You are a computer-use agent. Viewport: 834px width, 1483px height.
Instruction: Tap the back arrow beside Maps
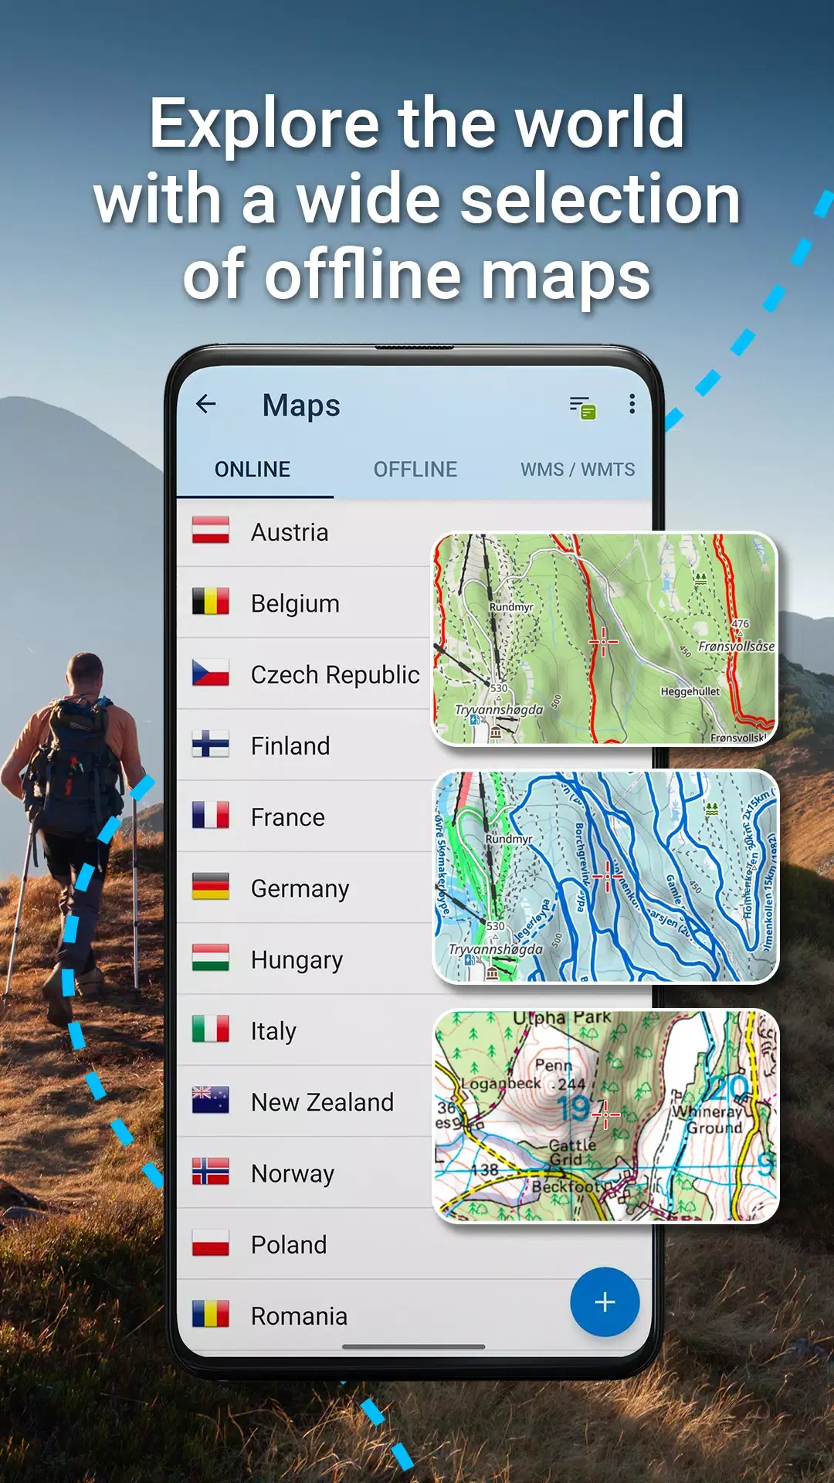(205, 404)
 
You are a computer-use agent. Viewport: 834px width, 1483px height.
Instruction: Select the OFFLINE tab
(415, 470)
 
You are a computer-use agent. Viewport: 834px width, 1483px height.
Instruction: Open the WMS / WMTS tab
(578, 470)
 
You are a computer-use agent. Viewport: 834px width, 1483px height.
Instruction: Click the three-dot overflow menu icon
(632, 404)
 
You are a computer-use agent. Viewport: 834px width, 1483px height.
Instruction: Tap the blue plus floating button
(605, 1302)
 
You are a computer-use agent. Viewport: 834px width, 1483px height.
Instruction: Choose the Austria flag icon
(211, 531)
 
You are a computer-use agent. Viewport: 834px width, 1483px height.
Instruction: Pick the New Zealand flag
(211, 1100)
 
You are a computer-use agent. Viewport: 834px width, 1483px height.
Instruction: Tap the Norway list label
(293, 1174)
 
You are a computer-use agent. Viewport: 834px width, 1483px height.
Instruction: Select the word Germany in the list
(300, 889)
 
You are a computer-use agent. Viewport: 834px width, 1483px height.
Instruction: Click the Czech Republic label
(335, 675)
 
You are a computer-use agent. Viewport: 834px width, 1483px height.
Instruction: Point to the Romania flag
(211, 1314)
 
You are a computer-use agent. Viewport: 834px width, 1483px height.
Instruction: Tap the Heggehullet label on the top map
(690, 692)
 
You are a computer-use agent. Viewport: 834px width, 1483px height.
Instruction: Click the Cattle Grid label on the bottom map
(572, 1152)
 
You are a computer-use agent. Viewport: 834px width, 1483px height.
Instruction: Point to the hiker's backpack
(73, 765)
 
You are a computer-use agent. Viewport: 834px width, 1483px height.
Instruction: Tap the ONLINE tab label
(253, 470)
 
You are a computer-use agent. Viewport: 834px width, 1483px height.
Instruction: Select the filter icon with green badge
(583, 407)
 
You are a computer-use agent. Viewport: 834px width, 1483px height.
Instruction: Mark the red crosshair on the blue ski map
(608, 877)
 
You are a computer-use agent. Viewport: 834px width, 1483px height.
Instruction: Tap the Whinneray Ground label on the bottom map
(710, 1120)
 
